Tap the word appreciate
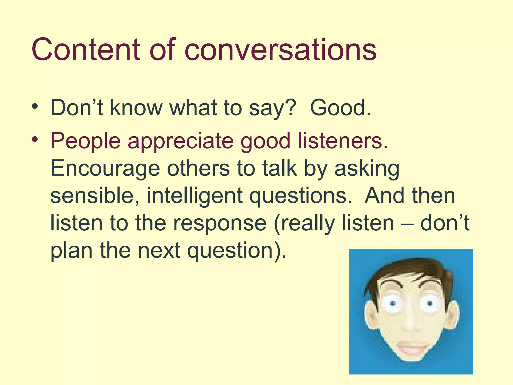click(181, 141)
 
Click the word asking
click(367, 168)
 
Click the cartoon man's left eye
click(393, 304)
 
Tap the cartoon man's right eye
click(429, 304)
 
